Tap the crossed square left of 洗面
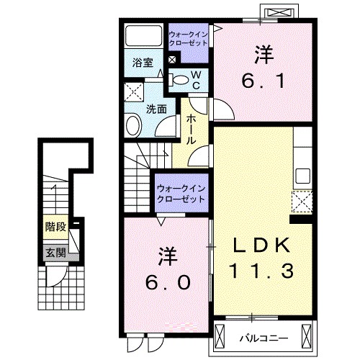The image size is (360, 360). point(132,92)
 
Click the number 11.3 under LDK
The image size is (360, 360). point(262,273)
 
